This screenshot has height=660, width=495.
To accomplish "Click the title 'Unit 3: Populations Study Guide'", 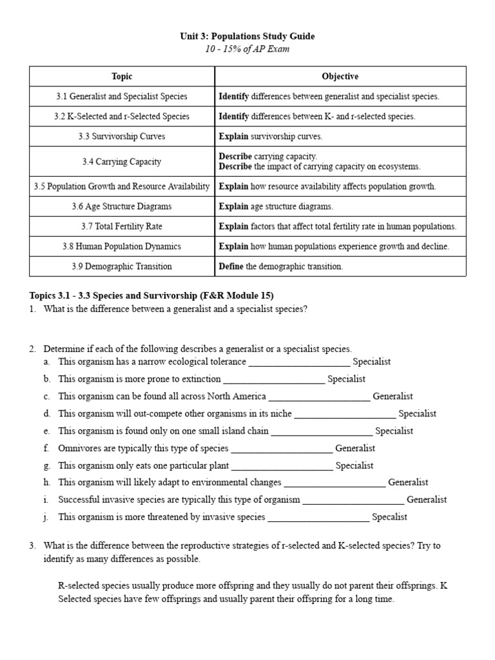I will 247,37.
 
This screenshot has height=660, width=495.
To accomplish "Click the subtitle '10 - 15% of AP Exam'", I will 247,50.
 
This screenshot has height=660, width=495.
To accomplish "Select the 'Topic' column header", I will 122,77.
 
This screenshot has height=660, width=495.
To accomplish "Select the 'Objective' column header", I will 340,77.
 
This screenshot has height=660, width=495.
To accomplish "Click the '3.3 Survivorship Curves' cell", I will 122,137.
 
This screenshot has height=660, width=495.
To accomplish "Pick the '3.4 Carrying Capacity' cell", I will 122,162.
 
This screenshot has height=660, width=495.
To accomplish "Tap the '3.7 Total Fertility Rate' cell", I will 122,226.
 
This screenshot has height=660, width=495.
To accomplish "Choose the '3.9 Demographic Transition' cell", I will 122,266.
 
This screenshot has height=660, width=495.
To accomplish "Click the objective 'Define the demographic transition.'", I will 281,266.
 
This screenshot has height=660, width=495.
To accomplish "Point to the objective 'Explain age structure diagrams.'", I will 276,206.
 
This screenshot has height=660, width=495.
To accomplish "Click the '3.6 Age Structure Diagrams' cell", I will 122,206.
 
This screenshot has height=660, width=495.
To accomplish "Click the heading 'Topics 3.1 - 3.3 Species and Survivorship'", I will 151,296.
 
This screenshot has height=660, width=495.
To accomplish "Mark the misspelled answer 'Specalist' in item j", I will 390,517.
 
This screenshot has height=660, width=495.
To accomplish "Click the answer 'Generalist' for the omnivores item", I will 355,448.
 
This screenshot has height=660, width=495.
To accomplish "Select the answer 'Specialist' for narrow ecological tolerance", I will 371,362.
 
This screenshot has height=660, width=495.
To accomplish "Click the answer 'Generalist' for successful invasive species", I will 427,500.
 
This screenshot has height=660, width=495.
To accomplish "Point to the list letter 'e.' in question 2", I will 47,431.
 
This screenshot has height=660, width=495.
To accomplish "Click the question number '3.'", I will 32,545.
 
